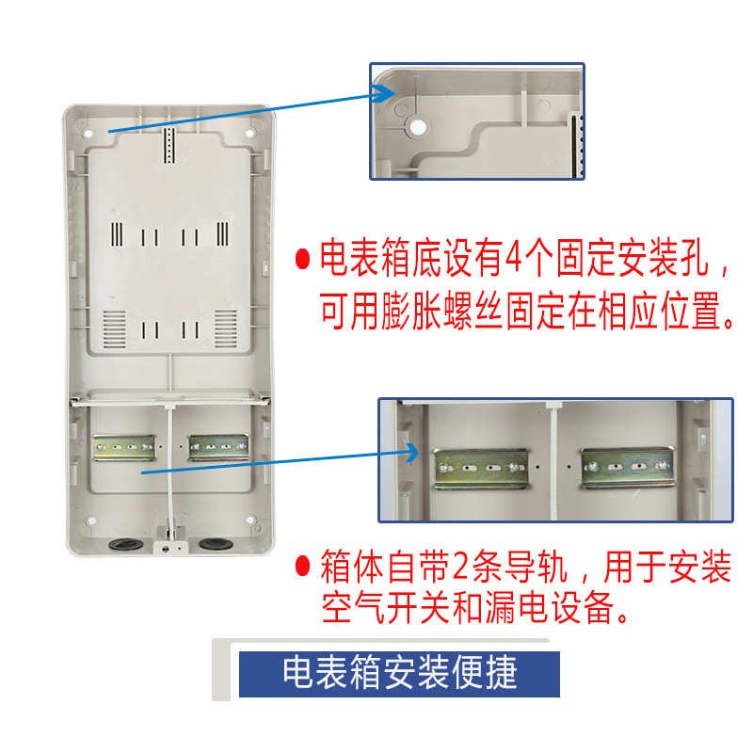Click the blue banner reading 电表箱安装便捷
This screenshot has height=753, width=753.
(400, 674)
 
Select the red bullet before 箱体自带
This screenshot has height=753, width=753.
(303, 569)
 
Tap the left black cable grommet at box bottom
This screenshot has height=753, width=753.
(122, 543)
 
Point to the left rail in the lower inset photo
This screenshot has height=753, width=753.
(480, 468)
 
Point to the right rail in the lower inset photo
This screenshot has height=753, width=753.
(625, 468)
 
